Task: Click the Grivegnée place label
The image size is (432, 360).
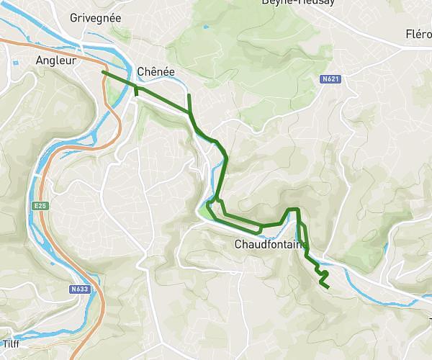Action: [x=95, y=17]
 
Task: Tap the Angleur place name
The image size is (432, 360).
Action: [x=55, y=61]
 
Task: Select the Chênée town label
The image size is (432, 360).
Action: [x=155, y=72]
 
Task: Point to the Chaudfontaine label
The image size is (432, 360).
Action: [x=267, y=244]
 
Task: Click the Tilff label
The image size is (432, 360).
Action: [x=10, y=343]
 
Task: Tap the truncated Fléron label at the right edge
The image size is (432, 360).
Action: [x=418, y=34]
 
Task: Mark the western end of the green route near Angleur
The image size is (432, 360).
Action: [x=103, y=72]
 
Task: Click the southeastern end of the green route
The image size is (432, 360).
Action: [x=329, y=288]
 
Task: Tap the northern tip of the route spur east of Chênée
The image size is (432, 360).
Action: [x=189, y=95]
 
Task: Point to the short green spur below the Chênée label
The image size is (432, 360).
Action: [x=136, y=91]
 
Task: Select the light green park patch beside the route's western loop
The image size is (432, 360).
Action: [x=208, y=211]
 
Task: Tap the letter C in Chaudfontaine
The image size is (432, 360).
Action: [x=239, y=244]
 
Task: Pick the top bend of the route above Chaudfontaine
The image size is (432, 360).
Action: [x=292, y=210]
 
